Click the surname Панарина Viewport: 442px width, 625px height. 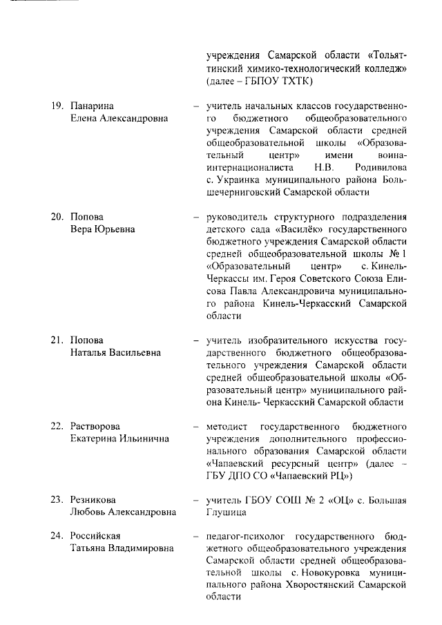coord(92,106)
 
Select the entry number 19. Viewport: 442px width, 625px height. coord(57,106)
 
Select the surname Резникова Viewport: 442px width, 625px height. coord(93,500)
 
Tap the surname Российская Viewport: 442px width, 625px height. coord(95,537)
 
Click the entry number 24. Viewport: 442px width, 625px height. coord(57,537)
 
